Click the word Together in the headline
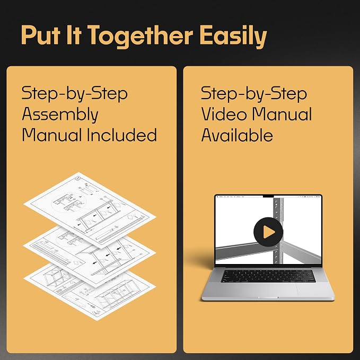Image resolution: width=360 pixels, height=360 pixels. click(140, 36)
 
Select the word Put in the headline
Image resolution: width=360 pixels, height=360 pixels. click(41, 35)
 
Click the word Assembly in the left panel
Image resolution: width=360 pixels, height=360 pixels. click(60, 115)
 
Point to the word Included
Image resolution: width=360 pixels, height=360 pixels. click(122, 135)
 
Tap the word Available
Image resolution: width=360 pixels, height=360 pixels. click(237, 135)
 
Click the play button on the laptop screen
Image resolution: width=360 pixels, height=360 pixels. click(268, 232)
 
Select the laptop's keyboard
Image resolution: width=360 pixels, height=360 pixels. click(268, 276)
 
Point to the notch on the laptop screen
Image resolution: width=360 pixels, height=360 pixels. click(268, 196)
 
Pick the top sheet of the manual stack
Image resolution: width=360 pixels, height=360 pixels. click(90, 210)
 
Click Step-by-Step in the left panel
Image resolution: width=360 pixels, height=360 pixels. click(75, 94)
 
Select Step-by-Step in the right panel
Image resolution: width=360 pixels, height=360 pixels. click(254, 94)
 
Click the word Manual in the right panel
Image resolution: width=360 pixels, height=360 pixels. click(282, 114)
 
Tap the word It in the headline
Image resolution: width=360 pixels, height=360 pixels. click(74, 35)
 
